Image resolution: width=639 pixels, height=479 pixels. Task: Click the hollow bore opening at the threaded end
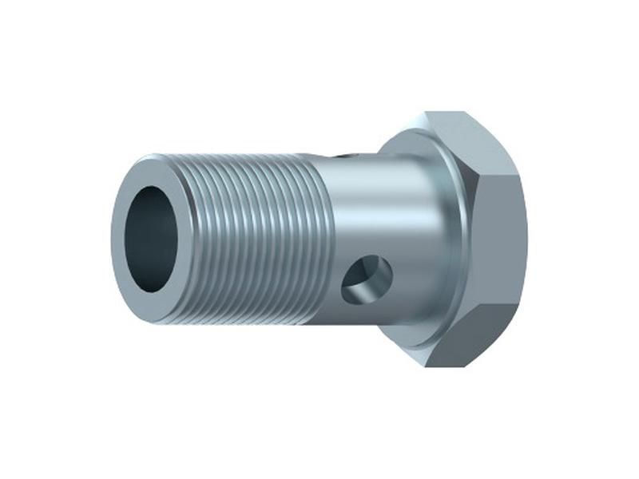pos(152,239)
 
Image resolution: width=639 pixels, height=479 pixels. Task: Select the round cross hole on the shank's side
pos(367,279)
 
